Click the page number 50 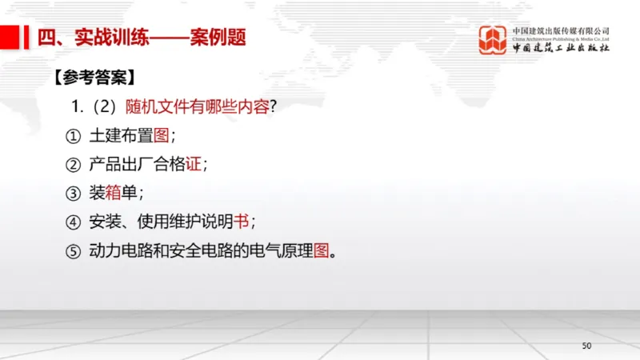pos(586,346)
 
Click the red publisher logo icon pos(493,40)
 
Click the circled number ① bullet pos(74,136)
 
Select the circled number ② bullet pos(74,165)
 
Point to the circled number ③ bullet pos(74,194)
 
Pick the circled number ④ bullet pos(74,222)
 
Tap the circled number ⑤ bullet pos(74,251)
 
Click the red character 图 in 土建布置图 pos(161,136)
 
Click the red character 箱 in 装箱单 pos(111,194)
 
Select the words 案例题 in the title pos(217,38)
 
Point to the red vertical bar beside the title pos(25,38)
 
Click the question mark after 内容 pos(274,106)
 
